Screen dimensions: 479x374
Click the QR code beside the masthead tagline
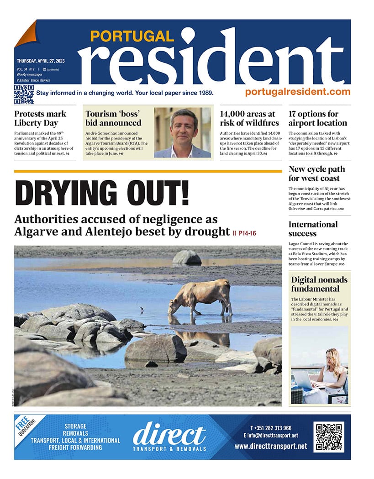coord(24,95)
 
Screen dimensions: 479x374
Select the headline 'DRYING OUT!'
coord(102,193)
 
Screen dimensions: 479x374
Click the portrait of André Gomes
coord(183,132)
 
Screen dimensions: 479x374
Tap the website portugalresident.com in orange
coord(297,91)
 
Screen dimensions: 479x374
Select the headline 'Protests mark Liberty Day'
coord(40,118)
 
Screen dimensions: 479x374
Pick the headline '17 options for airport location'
coord(317,118)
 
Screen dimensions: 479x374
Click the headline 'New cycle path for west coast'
coord(316,174)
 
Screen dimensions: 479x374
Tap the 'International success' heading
coord(313,229)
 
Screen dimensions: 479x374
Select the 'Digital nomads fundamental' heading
coord(319,284)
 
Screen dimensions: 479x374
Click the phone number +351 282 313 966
coord(271,428)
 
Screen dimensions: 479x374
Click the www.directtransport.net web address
coord(271,447)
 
